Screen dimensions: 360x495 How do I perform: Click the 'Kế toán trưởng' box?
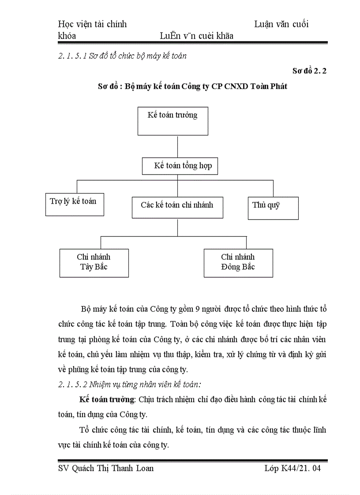(x=172, y=121)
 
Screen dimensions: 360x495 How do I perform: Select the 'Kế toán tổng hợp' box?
(x=180, y=166)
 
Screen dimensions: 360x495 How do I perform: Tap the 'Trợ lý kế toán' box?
(x=75, y=204)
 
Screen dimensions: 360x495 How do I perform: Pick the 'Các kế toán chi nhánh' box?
(x=177, y=208)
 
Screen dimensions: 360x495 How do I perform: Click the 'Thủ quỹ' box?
(x=273, y=208)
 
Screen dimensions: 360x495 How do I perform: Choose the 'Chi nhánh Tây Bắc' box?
(x=94, y=263)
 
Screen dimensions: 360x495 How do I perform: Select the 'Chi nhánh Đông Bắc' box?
(x=238, y=263)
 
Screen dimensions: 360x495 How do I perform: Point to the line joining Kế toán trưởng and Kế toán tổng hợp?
(x=177, y=146)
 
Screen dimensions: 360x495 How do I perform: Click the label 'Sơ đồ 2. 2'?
(x=309, y=71)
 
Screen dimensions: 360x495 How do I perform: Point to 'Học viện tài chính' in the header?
(x=92, y=24)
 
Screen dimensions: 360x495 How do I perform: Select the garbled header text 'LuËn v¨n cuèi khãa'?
(x=197, y=36)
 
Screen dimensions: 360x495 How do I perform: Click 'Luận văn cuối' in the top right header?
(x=281, y=24)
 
